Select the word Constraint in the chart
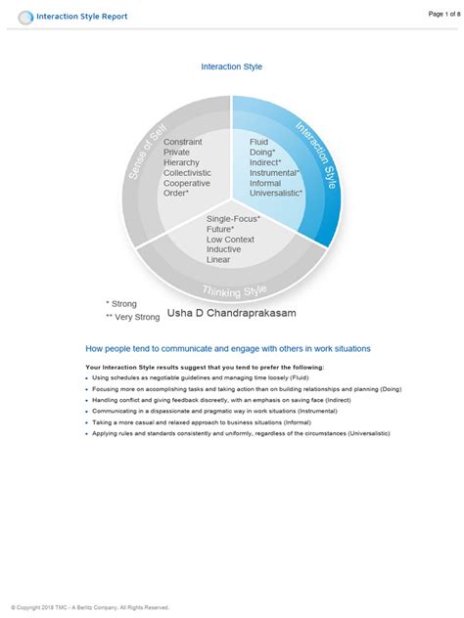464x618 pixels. pyautogui.click(x=183, y=142)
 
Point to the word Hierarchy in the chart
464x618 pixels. pyautogui.click(x=183, y=162)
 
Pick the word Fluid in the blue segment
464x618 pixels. pyautogui.click(x=258, y=142)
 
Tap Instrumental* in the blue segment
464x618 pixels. pyautogui.click(x=275, y=172)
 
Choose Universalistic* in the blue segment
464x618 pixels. pyautogui.click(x=277, y=193)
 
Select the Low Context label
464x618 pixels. pyautogui.click(x=230, y=240)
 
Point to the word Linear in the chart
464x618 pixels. pyautogui.click(x=218, y=260)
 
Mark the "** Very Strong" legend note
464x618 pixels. pyautogui.click(x=132, y=317)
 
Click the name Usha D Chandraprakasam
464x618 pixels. pyautogui.click(x=231, y=313)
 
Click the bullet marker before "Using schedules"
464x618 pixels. pyautogui.click(x=88, y=377)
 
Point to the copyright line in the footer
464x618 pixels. pyautogui.click(x=90, y=607)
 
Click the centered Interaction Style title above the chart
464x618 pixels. pyautogui.click(x=231, y=66)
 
